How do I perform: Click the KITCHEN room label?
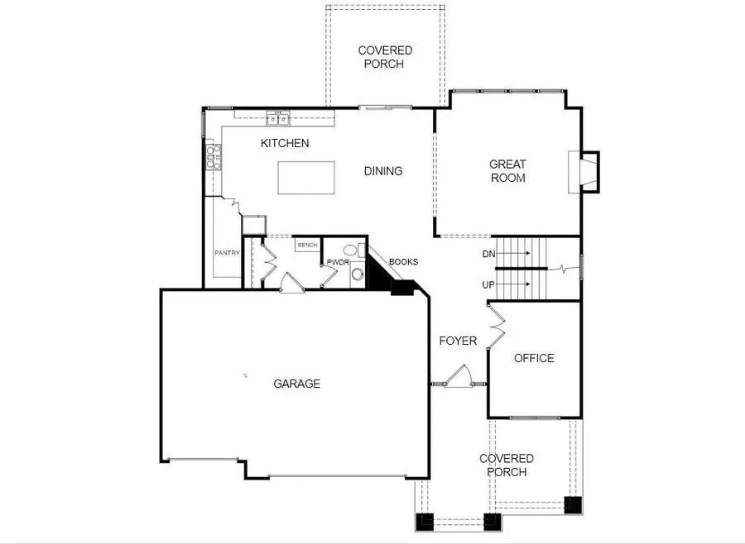point(285,143)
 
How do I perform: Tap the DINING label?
point(383,171)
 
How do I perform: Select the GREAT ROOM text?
point(507,171)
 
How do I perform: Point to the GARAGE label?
point(296,384)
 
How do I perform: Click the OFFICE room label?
point(534,358)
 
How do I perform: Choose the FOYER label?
point(458,341)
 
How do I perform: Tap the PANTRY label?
point(227,253)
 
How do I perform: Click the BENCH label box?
point(307,246)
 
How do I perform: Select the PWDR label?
point(338,262)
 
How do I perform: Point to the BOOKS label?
point(403,262)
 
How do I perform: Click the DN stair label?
point(488,254)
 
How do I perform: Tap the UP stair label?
point(488,284)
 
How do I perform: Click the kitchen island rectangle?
point(306,177)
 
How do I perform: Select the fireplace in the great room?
point(584,172)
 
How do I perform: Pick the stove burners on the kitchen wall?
point(213,155)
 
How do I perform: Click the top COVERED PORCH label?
point(385,56)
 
